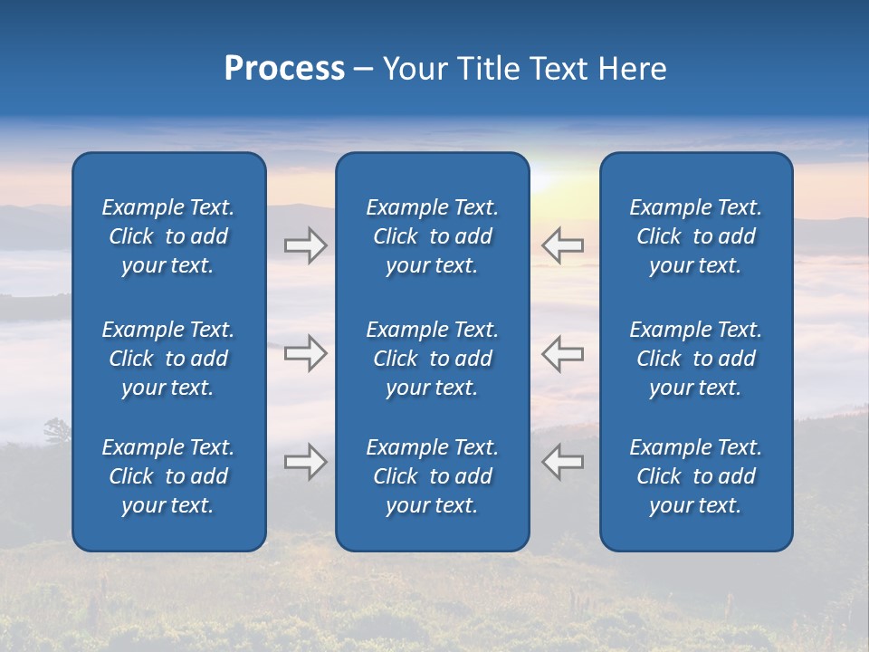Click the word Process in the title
[284, 69]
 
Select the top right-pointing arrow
[305, 245]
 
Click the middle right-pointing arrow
[305, 353]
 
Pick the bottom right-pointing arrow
[305, 462]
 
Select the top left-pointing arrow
[563, 245]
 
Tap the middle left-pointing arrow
[563, 353]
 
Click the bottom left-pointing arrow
[563, 462]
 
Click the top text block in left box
[168, 236]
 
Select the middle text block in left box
[168, 359]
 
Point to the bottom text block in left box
[168, 476]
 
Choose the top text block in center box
[432, 236]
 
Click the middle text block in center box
[432, 359]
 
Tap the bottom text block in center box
[432, 476]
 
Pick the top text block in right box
[695, 236]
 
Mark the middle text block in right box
[695, 359]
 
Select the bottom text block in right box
[695, 476]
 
